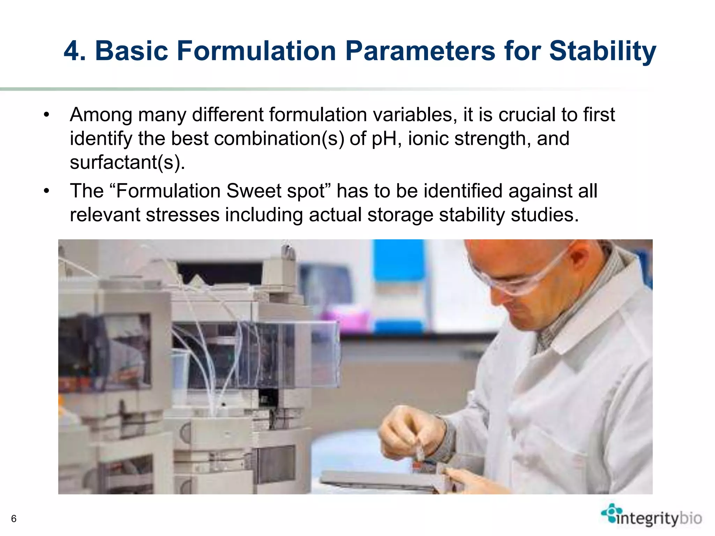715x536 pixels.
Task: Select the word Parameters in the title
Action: click(x=420, y=51)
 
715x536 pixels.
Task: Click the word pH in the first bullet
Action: click(x=385, y=139)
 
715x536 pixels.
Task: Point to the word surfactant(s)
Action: click(x=127, y=162)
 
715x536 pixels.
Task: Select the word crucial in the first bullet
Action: click(x=526, y=114)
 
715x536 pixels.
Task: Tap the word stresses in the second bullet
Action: click(x=183, y=215)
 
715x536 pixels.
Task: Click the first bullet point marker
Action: click(x=46, y=115)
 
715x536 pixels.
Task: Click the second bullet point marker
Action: click(x=46, y=191)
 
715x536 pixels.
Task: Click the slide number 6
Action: click(x=14, y=519)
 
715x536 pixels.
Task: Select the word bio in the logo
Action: click(x=691, y=518)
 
